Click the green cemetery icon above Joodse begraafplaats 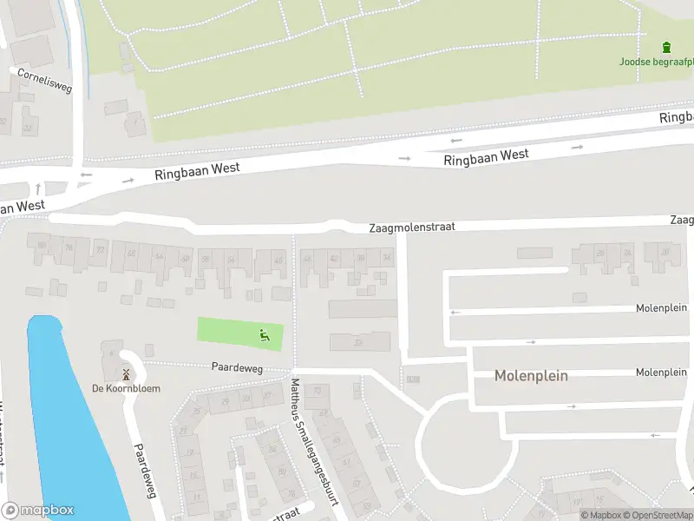click(x=666, y=46)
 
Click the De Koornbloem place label click(x=126, y=388)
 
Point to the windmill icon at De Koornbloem click(x=127, y=375)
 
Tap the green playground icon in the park click(x=265, y=333)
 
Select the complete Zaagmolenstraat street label click(x=411, y=227)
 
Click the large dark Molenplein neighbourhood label click(x=531, y=376)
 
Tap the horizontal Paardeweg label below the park click(x=237, y=367)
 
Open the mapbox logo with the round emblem click(x=37, y=511)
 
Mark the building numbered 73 click(x=318, y=391)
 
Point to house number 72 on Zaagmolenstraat click(x=100, y=250)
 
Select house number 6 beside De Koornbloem click(x=111, y=352)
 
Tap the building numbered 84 click(x=272, y=448)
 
